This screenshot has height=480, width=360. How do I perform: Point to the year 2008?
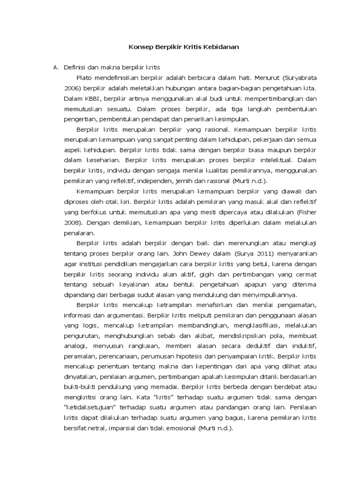(x=72, y=222)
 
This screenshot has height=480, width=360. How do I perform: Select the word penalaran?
(x=79, y=232)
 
